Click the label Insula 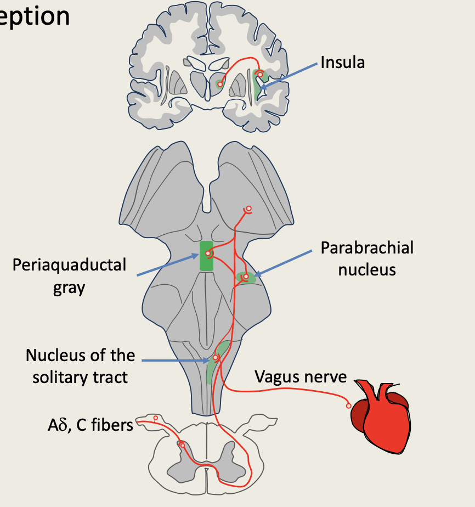(x=342, y=62)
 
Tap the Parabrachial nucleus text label (x=367, y=258)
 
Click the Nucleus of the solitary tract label (x=80, y=366)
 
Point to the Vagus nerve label (x=301, y=377)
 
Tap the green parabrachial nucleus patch (x=246, y=278)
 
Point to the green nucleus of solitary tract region (x=215, y=362)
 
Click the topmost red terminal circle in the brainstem (x=248, y=209)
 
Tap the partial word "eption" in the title (x=35, y=16)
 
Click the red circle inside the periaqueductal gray (x=208, y=253)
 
